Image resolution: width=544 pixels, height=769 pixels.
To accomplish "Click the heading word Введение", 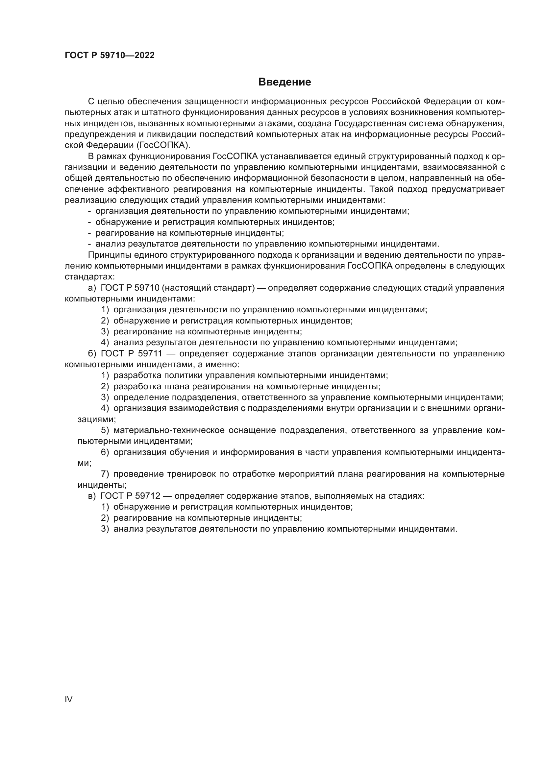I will [x=284, y=82].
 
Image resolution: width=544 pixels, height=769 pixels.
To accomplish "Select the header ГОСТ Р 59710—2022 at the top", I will [x=110, y=56].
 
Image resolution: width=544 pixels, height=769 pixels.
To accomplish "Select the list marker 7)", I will [x=105, y=474].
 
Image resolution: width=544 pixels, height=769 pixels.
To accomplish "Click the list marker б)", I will [x=92, y=354].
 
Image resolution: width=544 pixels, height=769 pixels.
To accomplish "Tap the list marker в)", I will [x=92, y=496].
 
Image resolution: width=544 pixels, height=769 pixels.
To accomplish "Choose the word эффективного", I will [x=138, y=190].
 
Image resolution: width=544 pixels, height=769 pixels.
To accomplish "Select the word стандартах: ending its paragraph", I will [x=89, y=277].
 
